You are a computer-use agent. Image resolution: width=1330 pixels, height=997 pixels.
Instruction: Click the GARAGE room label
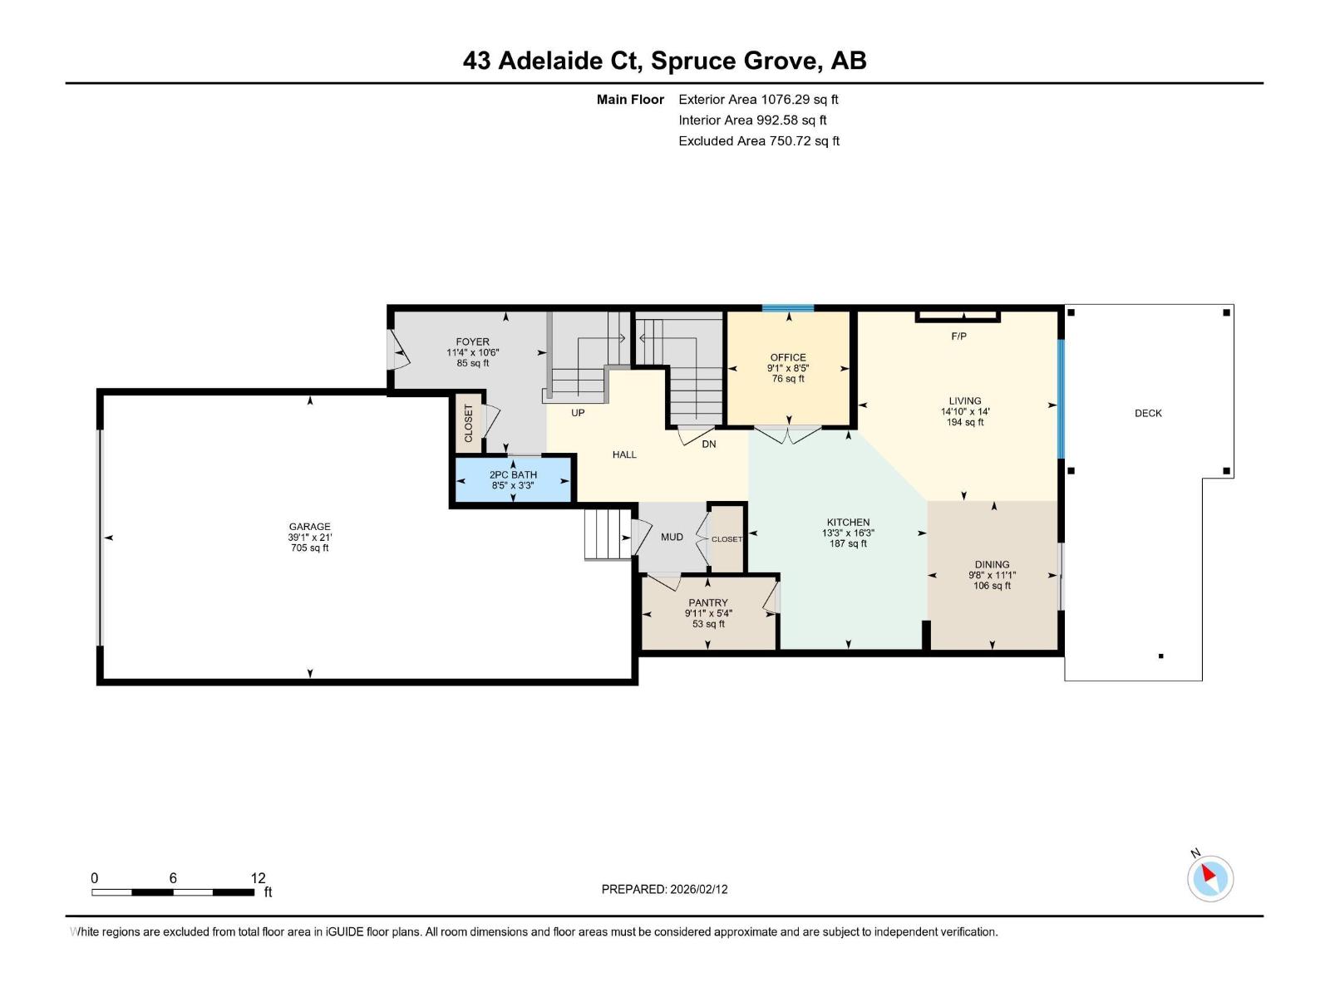click(x=309, y=526)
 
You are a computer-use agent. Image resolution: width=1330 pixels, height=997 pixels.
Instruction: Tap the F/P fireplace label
click(x=958, y=336)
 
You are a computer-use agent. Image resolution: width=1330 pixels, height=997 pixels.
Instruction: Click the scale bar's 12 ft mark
click(x=258, y=878)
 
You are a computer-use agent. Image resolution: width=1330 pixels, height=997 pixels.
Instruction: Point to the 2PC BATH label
click(x=513, y=474)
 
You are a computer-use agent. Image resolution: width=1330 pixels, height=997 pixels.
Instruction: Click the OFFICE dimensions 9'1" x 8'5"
click(x=787, y=368)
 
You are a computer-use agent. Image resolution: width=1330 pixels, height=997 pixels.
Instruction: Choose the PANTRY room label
click(x=707, y=602)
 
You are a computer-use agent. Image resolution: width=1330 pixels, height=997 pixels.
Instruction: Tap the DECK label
click(x=1148, y=413)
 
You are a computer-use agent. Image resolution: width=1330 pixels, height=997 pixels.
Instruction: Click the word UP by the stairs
click(x=578, y=413)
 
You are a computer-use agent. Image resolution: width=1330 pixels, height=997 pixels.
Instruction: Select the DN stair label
click(x=708, y=444)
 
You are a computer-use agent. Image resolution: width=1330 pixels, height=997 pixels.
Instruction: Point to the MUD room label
click(x=672, y=537)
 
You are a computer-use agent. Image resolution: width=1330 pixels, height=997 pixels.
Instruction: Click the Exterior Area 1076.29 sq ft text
click(x=758, y=100)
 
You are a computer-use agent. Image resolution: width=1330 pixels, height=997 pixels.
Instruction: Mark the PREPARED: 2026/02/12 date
click(x=664, y=889)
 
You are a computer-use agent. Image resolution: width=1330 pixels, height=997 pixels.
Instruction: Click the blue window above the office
click(x=788, y=308)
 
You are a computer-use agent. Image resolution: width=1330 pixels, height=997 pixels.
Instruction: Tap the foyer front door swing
click(x=400, y=350)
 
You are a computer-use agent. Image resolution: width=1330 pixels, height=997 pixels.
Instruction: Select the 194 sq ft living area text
click(x=964, y=422)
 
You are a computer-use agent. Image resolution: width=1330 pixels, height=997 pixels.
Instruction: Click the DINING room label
click(x=992, y=564)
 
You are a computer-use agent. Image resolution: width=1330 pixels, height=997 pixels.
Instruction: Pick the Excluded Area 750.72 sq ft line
click(x=758, y=141)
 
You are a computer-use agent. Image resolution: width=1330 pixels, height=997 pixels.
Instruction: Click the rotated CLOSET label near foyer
click(x=468, y=423)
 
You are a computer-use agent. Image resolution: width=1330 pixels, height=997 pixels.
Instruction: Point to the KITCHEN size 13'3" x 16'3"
click(x=848, y=533)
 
